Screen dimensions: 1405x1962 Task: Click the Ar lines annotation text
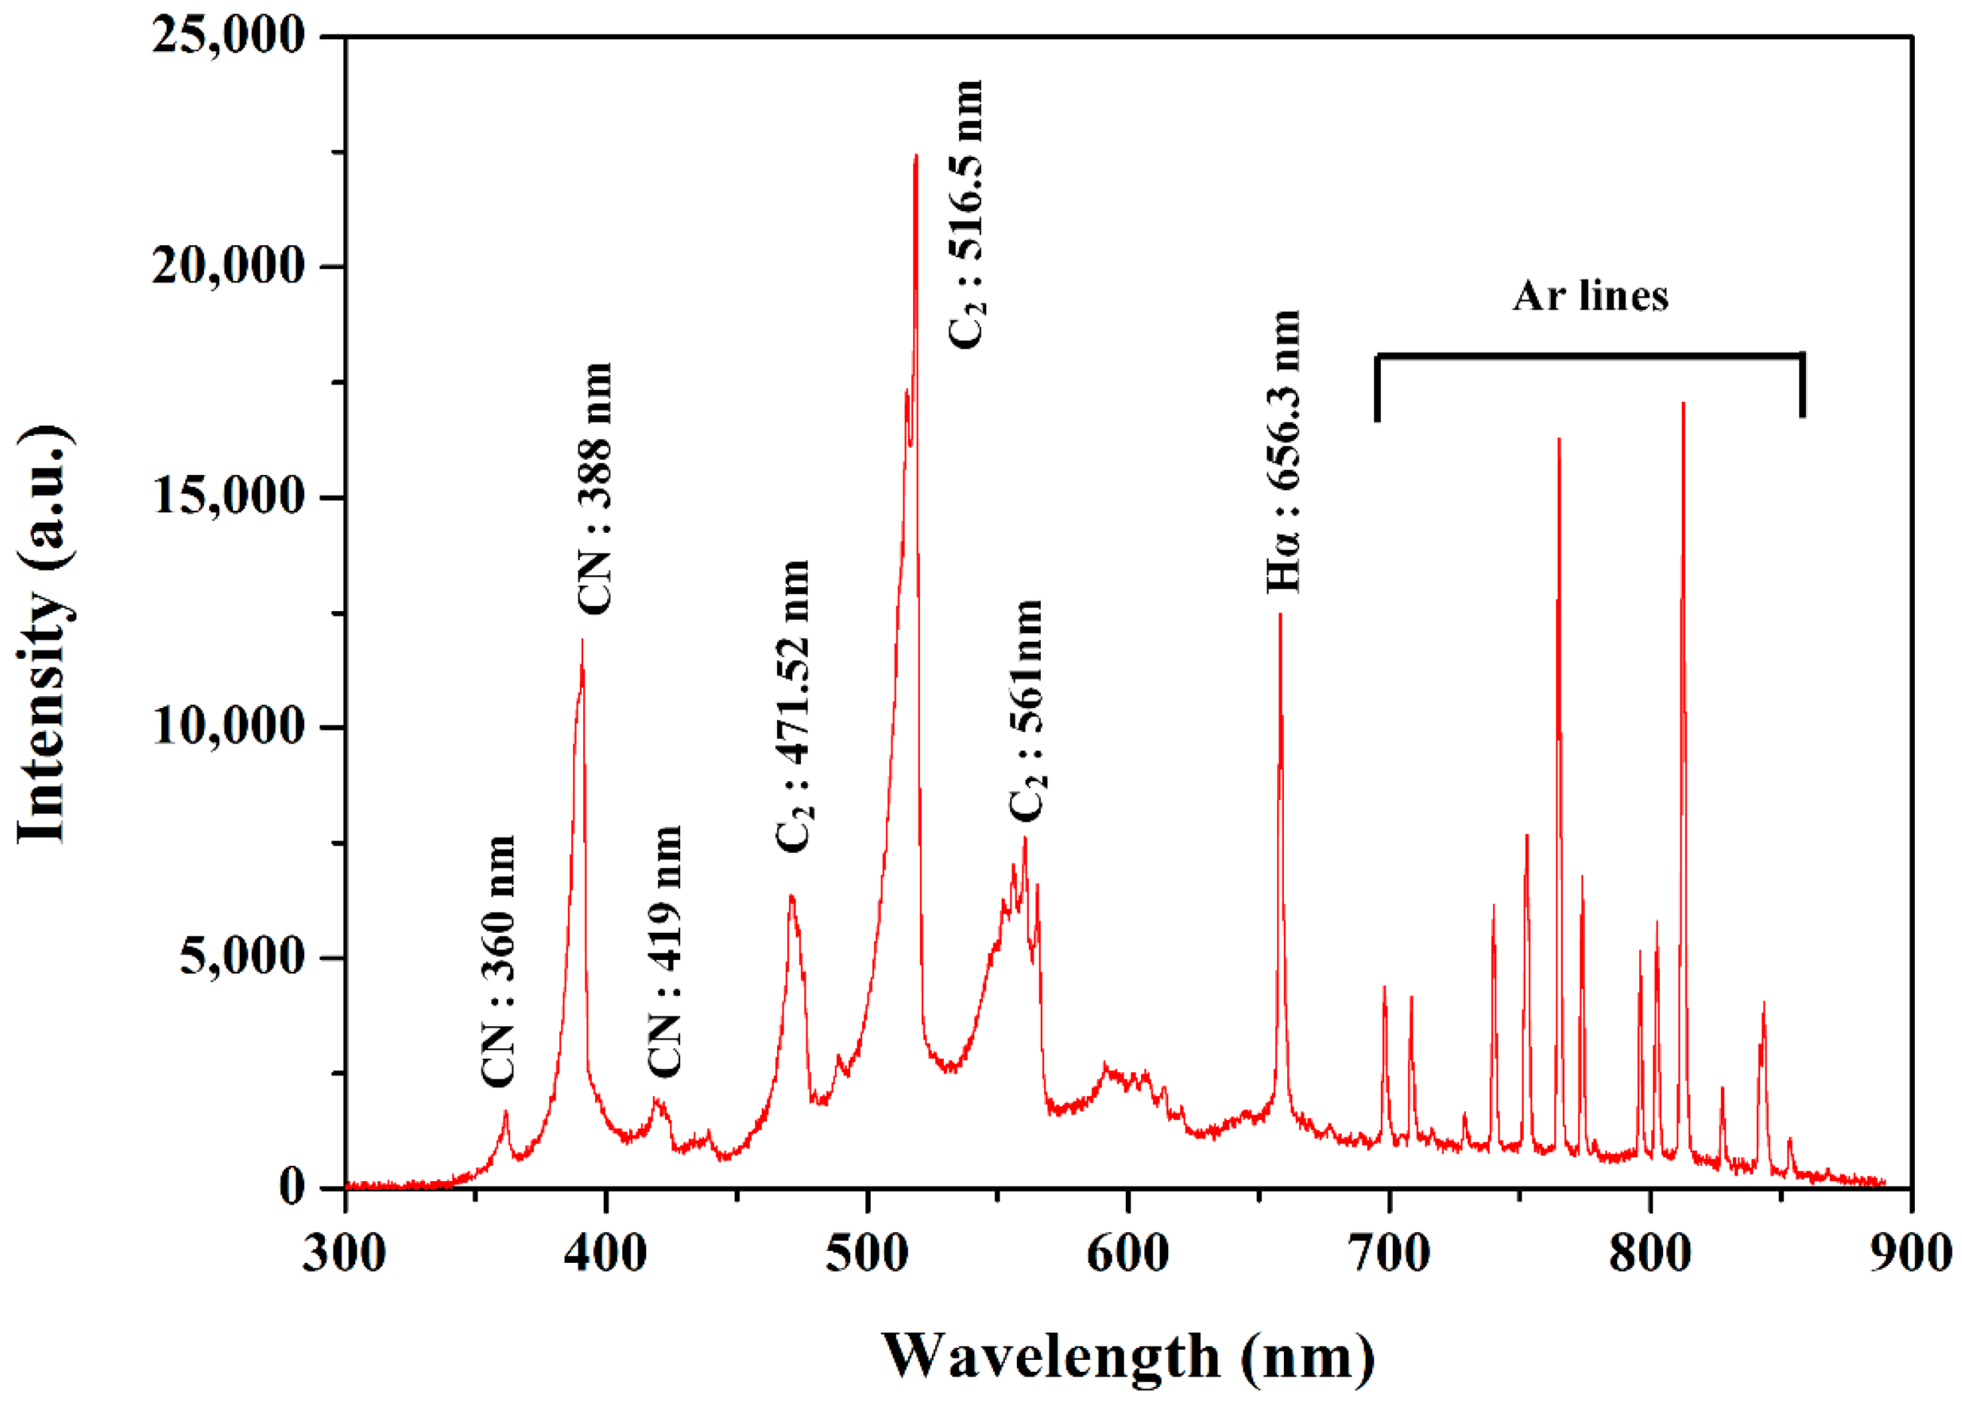click(x=1590, y=296)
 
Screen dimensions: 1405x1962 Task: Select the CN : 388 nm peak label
click(x=595, y=489)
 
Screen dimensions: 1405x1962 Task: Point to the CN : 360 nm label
click(x=498, y=961)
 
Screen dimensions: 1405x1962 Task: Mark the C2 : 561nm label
click(x=1027, y=710)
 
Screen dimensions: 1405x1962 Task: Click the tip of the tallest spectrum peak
click(x=915, y=155)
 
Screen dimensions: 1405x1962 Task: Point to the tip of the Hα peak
click(x=1281, y=614)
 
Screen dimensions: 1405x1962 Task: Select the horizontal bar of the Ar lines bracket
click(x=1590, y=355)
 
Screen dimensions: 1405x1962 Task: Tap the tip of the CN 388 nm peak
click(x=582, y=640)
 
